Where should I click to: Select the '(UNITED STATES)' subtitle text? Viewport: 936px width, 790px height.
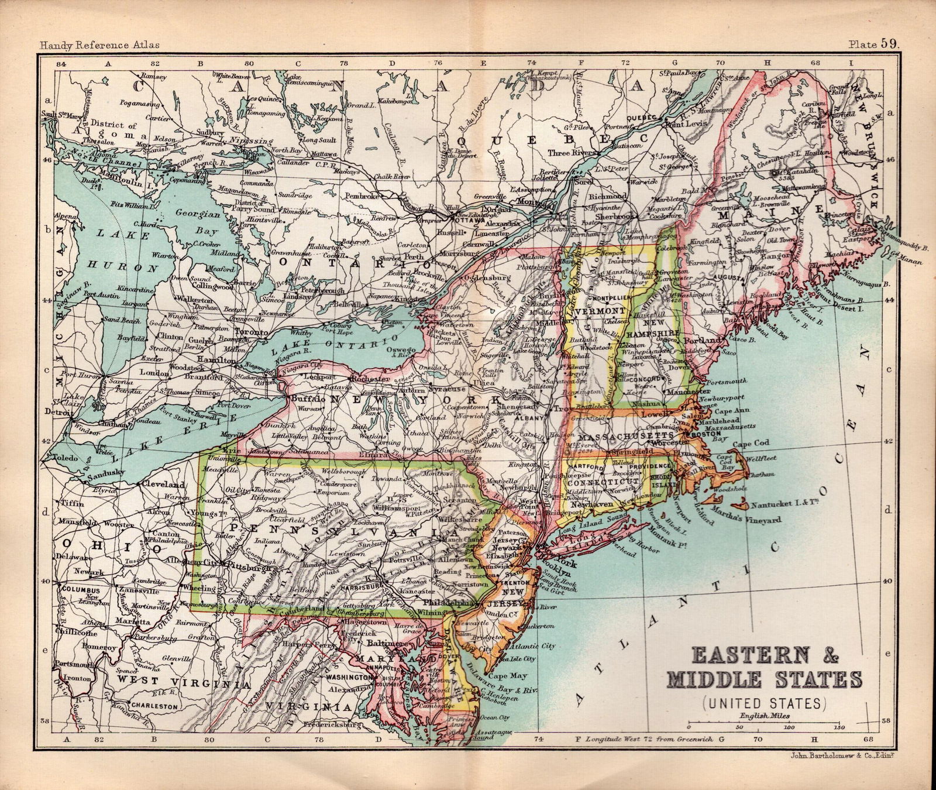tap(765, 702)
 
